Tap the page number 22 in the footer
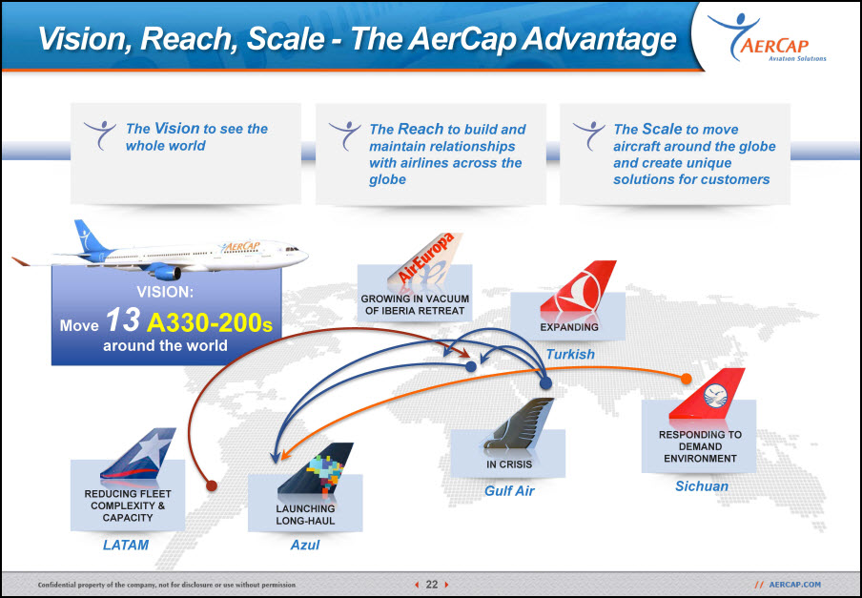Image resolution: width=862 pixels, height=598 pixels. point(432,585)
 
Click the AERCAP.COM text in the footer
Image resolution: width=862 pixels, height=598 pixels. point(794,585)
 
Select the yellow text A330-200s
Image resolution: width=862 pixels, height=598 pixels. point(210,323)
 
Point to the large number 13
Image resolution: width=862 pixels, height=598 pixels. point(123,320)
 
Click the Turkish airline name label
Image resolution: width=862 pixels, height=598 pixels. point(570,354)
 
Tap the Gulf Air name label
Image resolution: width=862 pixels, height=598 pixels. point(509,491)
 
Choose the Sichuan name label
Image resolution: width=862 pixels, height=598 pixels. point(702,485)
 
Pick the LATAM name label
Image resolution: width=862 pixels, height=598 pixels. point(126,545)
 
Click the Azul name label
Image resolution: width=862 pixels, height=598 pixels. point(305,545)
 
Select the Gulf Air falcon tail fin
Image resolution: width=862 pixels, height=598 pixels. point(520,423)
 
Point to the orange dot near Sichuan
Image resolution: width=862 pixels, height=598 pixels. point(687,379)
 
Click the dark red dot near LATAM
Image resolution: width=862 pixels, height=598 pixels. point(211,485)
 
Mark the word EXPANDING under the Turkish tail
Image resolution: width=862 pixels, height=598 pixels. point(569,327)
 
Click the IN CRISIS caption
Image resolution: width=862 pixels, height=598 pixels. point(509,464)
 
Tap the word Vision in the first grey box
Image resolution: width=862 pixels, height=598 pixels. point(176,129)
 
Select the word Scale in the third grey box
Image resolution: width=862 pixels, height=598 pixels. point(662,129)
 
